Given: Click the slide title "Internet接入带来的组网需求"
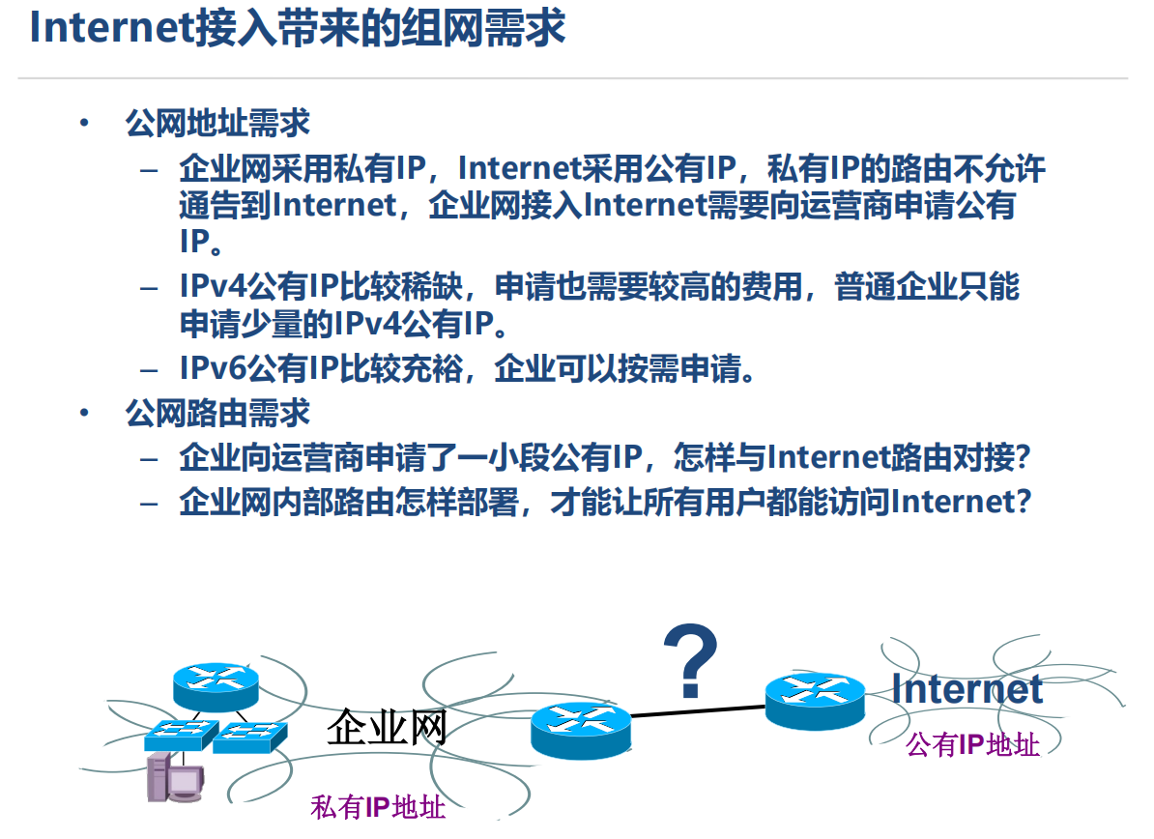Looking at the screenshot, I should pos(297,29).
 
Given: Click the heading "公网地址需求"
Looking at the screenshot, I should pos(216,124).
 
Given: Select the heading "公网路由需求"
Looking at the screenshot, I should pos(216,413).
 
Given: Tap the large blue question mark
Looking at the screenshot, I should pos(689,662).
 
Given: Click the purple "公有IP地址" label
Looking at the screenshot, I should pos(972,744).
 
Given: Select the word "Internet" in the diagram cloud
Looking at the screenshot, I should pos(966,689).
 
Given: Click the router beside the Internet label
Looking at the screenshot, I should pos(814,701).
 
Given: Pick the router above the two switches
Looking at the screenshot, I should pos(216,685).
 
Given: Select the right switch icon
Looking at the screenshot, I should pos(249,738).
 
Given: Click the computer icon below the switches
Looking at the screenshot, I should pos(174,779).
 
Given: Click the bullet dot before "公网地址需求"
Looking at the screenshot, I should pos(85,124).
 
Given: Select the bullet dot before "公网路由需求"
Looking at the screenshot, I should pos(85,413).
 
